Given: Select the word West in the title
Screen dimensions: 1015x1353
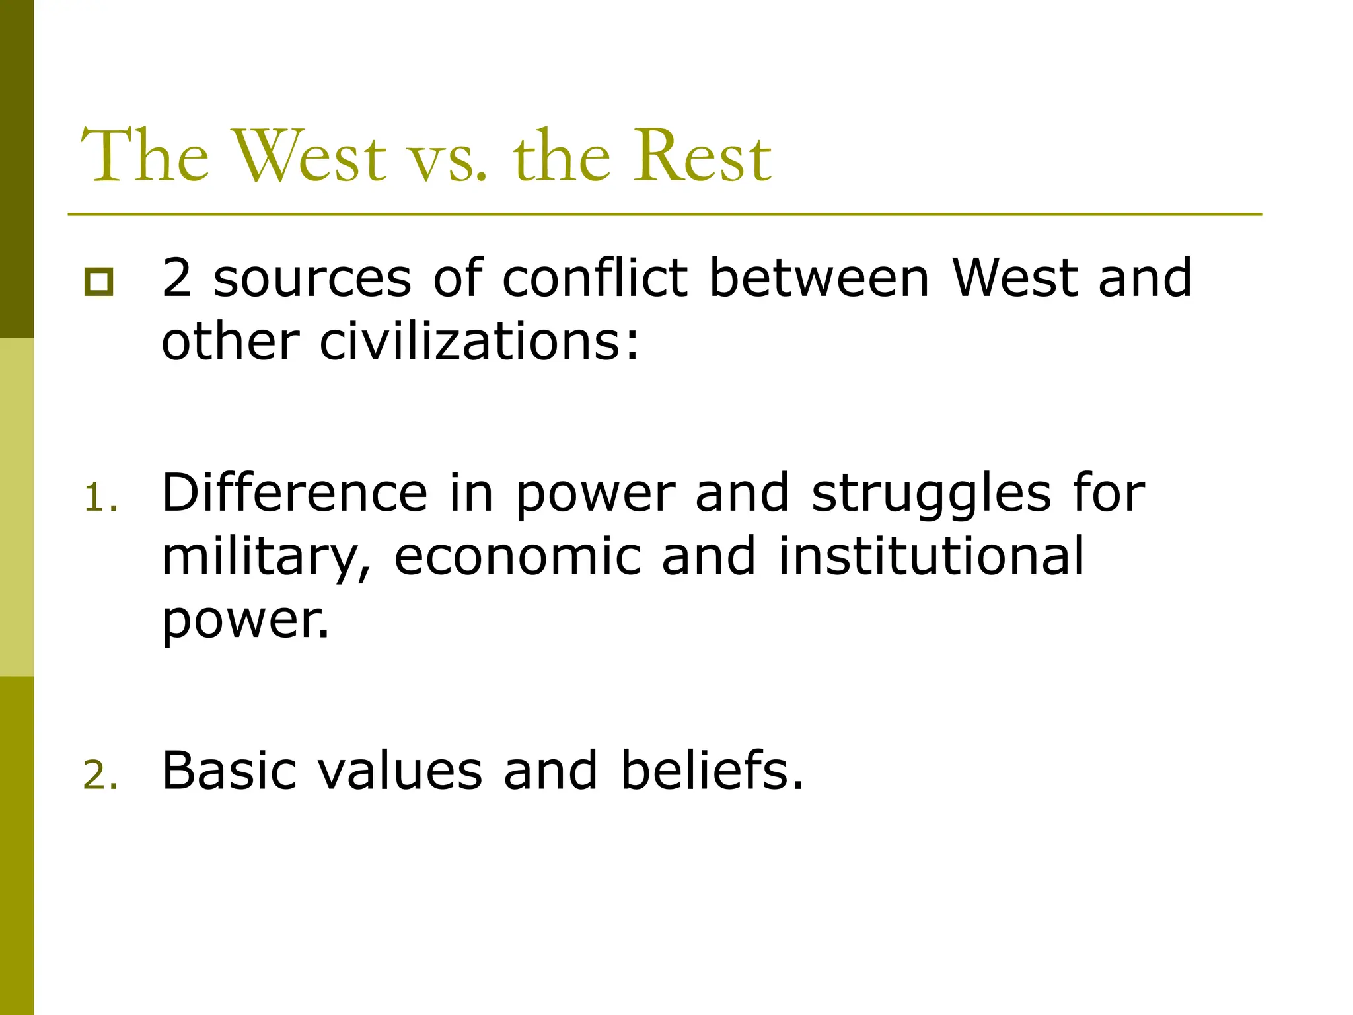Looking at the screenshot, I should pyautogui.click(x=309, y=157).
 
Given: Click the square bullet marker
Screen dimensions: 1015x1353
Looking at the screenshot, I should pyautogui.click(x=98, y=282).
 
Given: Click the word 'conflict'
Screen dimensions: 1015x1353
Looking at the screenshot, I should pyautogui.click(x=595, y=278).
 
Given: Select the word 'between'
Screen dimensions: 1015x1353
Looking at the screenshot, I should pyautogui.click(x=819, y=278).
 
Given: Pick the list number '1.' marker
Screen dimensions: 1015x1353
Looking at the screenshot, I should pyautogui.click(x=101, y=498).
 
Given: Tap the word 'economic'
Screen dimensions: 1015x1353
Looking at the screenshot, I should pyautogui.click(x=518, y=556).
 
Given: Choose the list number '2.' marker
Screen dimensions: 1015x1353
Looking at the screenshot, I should pyautogui.click(x=101, y=775).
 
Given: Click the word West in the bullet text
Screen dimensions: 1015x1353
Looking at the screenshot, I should pyautogui.click(x=1014, y=278).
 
